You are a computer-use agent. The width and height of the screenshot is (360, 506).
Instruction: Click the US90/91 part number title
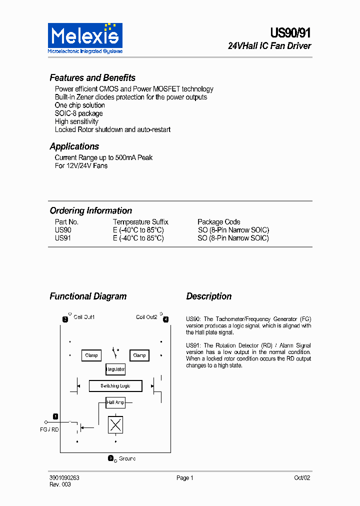point(290,33)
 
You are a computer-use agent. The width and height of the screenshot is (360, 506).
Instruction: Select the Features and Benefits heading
point(92,78)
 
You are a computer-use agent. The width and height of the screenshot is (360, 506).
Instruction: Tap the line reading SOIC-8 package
point(78,113)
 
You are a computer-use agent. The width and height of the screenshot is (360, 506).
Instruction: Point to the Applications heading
point(74,146)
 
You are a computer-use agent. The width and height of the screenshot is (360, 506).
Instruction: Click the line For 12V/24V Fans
point(81,165)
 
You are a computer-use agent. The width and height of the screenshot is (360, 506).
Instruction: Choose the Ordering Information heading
point(91,210)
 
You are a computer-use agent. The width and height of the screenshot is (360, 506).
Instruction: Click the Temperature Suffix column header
point(140,222)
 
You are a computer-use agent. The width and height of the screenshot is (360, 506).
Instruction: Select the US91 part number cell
point(63,238)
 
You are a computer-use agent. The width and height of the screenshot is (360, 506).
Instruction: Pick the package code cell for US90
point(233,230)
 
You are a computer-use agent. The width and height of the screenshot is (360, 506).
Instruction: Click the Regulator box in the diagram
point(115,369)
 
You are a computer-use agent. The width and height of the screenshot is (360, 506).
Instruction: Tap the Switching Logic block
point(115,386)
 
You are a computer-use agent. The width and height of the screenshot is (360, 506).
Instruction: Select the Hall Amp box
point(115,402)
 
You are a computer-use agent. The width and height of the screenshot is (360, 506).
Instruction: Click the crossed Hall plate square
point(115,425)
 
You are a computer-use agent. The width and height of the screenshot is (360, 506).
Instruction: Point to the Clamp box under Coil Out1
point(91,355)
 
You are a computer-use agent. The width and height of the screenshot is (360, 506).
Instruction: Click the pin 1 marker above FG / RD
point(55,416)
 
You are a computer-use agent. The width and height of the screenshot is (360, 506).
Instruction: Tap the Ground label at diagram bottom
point(127,458)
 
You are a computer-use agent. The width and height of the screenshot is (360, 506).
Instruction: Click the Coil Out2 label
point(146,317)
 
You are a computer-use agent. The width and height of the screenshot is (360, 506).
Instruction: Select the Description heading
point(209,296)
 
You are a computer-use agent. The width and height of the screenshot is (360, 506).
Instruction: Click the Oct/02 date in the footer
point(302,478)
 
